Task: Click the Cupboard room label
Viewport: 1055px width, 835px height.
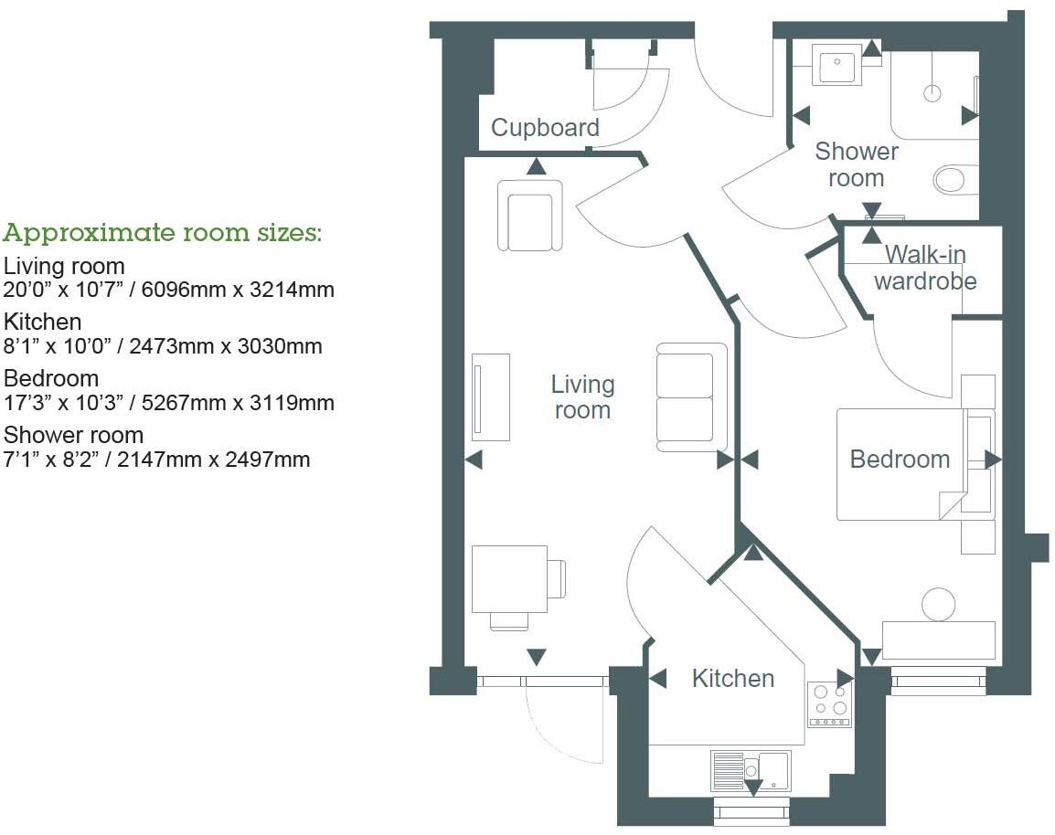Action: click(x=545, y=128)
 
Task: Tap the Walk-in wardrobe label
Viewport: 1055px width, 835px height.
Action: click(x=925, y=267)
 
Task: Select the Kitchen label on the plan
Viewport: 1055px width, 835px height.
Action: click(x=732, y=679)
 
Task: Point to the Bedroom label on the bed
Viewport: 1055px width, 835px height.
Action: click(x=900, y=459)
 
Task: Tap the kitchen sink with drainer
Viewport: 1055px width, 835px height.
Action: click(x=750, y=770)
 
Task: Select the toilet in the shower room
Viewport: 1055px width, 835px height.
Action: click(x=955, y=179)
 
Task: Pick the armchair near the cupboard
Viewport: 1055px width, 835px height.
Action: click(x=529, y=215)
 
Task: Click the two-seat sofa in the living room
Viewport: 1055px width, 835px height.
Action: click(x=691, y=396)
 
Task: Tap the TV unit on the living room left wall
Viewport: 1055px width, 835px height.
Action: click(x=491, y=396)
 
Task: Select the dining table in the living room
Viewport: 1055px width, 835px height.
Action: click(x=508, y=579)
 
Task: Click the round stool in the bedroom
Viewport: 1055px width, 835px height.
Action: click(x=937, y=604)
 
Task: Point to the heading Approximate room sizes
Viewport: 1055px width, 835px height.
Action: click(x=163, y=233)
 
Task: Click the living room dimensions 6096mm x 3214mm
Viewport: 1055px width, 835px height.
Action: click(x=169, y=290)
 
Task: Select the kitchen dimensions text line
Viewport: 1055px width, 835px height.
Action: click(x=163, y=346)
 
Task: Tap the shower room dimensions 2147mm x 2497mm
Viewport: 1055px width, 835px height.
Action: click(x=156, y=459)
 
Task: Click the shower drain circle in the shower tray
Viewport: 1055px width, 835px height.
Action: click(x=932, y=92)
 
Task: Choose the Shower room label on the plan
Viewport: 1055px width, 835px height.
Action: click(x=856, y=164)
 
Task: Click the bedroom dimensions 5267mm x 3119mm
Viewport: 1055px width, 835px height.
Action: click(x=169, y=402)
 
